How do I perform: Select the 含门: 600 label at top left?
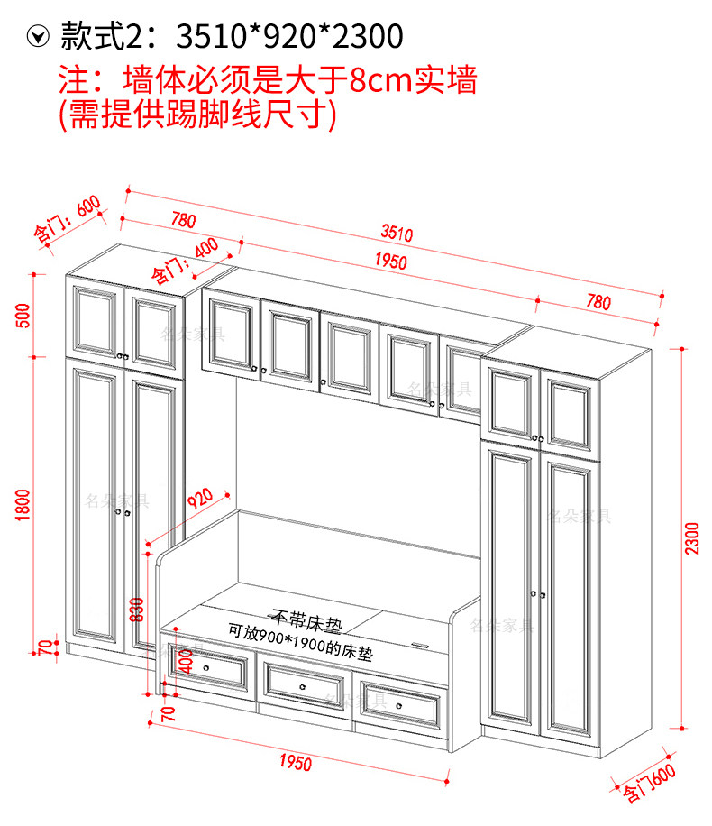[x=67, y=219]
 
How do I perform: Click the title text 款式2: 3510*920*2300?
[x=231, y=36]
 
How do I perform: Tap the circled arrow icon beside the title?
[x=38, y=36]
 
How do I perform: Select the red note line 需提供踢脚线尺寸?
[x=198, y=115]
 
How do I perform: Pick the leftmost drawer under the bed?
[x=209, y=669]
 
